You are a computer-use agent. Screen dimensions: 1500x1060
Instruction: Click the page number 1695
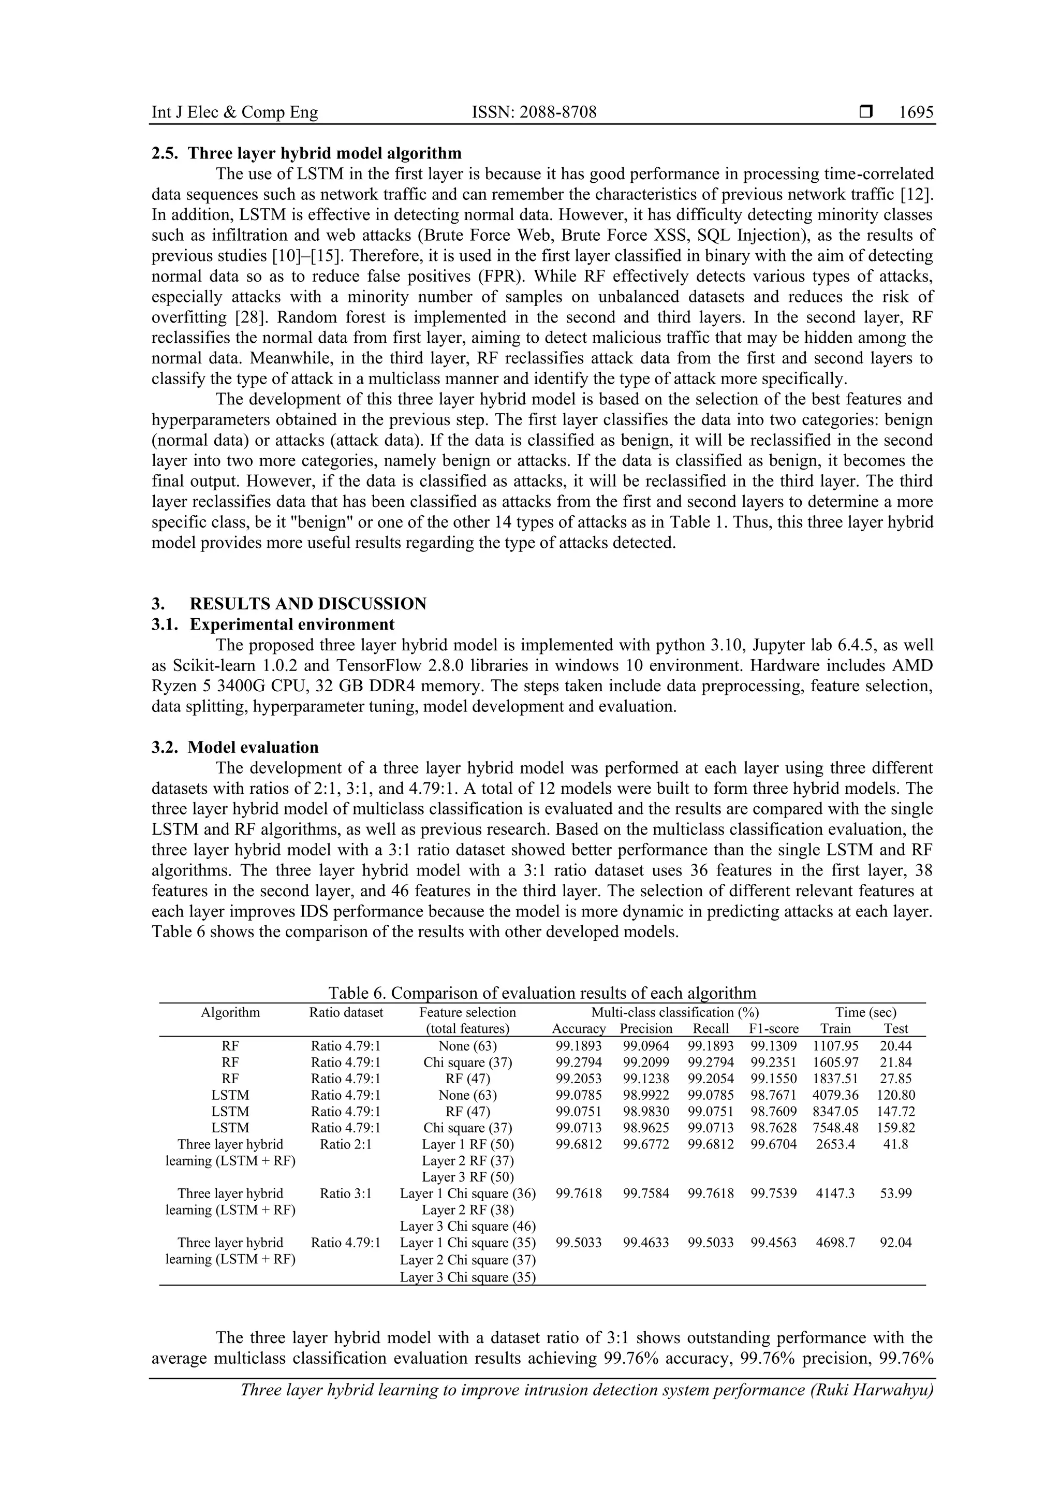click(x=916, y=112)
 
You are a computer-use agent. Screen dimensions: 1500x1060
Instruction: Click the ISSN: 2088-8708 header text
click(x=534, y=112)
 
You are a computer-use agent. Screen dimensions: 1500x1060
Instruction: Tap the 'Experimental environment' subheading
click(x=292, y=624)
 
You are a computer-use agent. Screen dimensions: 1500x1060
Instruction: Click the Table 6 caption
click(x=541, y=993)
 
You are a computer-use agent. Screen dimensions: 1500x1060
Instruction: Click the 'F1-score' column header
click(x=773, y=1028)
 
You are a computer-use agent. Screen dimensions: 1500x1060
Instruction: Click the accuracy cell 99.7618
click(x=579, y=1193)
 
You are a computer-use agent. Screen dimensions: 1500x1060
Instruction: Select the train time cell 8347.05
click(x=835, y=1111)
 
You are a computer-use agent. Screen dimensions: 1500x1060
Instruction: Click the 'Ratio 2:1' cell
click(x=346, y=1144)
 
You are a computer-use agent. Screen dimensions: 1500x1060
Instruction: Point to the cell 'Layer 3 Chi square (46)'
click(x=467, y=1226)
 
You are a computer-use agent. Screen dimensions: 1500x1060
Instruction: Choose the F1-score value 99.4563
click(x=773, y=1242)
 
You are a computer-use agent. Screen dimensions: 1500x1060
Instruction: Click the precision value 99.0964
click(x=646, y=1045)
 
